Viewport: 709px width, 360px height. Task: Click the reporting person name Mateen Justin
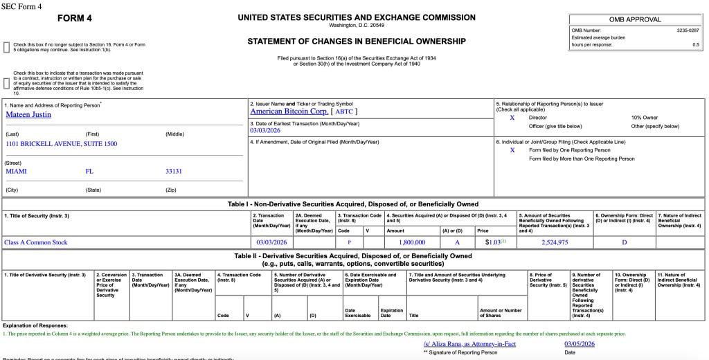click(28, 115)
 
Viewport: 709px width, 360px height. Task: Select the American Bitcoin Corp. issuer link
click(289, 111)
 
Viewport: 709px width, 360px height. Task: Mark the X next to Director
click(512, 118)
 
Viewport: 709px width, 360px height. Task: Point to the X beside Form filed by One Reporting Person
click(512, 150)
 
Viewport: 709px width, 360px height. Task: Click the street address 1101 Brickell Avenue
click(62, 144)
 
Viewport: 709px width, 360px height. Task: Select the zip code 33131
click(174, 170)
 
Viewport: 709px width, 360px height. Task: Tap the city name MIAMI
click(16, 170)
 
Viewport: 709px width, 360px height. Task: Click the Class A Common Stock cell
click(35, 242)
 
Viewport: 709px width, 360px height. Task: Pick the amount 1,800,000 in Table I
click(412, 242)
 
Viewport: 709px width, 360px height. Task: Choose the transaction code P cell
click(350, 242)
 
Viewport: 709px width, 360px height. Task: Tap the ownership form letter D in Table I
click(624, 242)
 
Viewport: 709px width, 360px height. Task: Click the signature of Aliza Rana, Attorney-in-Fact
click(469, 344)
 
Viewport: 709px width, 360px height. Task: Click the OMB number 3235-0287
click(688, 30)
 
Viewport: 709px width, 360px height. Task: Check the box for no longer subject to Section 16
click(7, 47)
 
